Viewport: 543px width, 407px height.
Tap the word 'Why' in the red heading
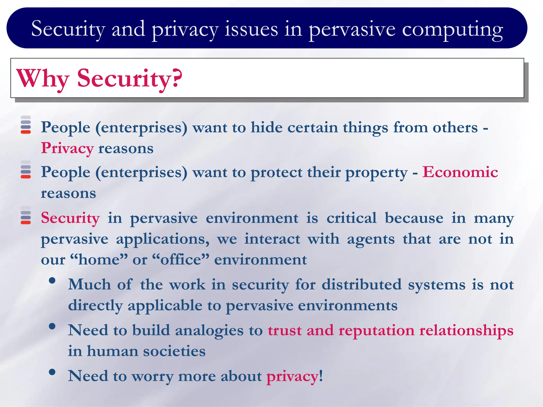click(x=42, y=78)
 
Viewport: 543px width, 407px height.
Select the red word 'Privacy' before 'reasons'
click(x=67, y=148)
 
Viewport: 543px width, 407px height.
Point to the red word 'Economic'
click(x=460, y=172)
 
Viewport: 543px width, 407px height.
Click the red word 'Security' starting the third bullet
click(x=70, y=218)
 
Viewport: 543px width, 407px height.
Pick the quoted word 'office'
click(x=181, y=260)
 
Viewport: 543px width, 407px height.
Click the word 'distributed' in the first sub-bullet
click(x=362, y=285)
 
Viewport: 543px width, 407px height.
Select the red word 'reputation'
click(x=376, y=331)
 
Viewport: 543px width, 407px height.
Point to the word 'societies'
click(x=174, y=351)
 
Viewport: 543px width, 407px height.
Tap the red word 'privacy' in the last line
click(x=292, y=377)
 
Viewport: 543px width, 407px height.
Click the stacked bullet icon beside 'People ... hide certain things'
click(x=26, y=125)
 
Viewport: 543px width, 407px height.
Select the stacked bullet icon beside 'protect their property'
click(x=26, y=170)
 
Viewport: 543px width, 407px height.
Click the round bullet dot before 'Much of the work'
click(x=52, y=281)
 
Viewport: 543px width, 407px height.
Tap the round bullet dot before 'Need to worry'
click(x=52, y=372)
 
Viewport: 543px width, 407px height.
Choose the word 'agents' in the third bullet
click(x=371, y=239)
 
